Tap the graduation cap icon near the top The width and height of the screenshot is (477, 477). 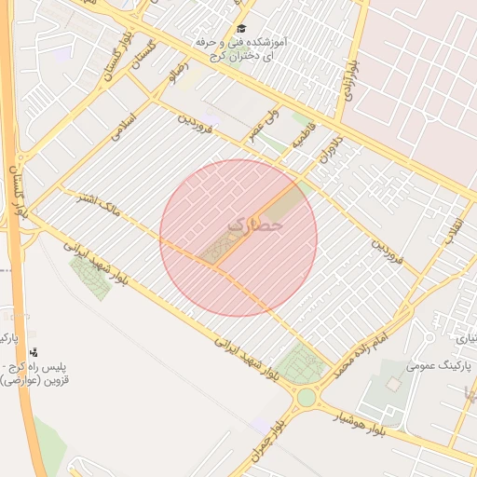pyautogui.click(x=242, y=29)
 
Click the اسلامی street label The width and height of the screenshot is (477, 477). pyautogui.click(x=123, y=126)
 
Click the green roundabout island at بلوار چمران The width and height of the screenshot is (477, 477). pyautogui.click(x=307, y=399)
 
